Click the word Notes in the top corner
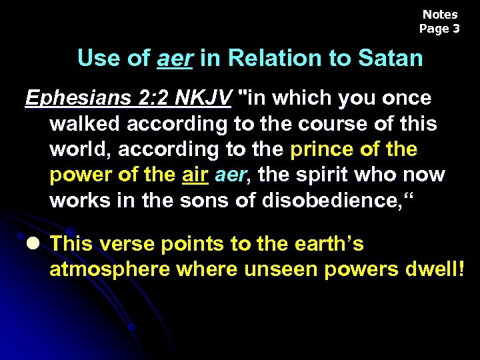440,15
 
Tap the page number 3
456,29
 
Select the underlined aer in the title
175,59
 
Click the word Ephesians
69,99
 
